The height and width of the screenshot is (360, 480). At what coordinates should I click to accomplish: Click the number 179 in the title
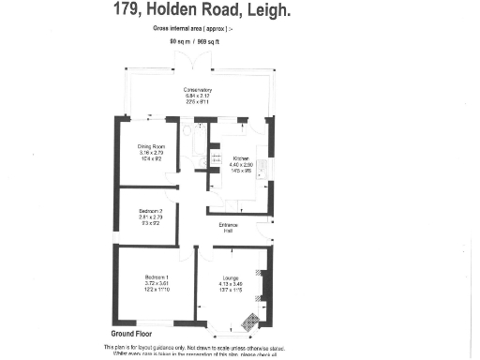coord(127,11)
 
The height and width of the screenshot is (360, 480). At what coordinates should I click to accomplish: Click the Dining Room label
coord(152,145)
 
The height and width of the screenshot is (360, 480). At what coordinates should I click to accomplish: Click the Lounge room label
coord(231,277)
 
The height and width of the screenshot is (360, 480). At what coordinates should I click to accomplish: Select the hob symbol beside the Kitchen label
coord(217,159)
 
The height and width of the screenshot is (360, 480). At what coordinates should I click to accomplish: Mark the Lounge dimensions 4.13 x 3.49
coord(231,284)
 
